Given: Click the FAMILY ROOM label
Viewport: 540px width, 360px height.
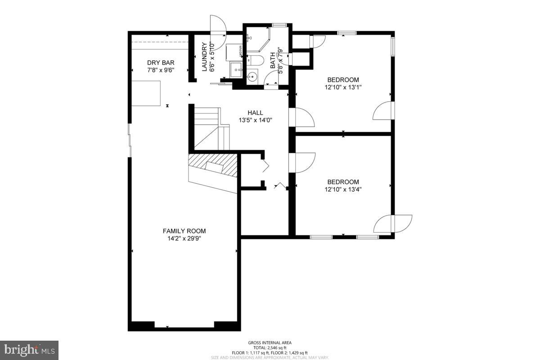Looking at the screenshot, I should click(184, 231).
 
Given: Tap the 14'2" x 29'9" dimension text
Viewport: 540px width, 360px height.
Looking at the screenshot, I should click(184, 238).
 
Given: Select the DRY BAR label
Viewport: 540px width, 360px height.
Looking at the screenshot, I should click(161, 63).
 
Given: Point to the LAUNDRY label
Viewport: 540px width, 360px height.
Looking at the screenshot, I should click(205, 57).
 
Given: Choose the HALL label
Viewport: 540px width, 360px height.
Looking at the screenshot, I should click(255, 112).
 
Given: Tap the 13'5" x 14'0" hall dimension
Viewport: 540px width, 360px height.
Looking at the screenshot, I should click(255, 120).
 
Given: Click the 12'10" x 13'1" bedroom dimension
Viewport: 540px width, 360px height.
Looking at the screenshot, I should click(343, 87).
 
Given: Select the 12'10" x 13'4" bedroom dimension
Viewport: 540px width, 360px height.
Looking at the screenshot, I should click(343, 189).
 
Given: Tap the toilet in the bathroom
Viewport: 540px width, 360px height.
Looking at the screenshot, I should click(256, 60).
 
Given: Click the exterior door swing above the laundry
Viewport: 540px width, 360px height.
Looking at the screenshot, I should click(216, 25).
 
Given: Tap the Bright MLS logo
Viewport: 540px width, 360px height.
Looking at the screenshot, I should click(29, 350).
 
